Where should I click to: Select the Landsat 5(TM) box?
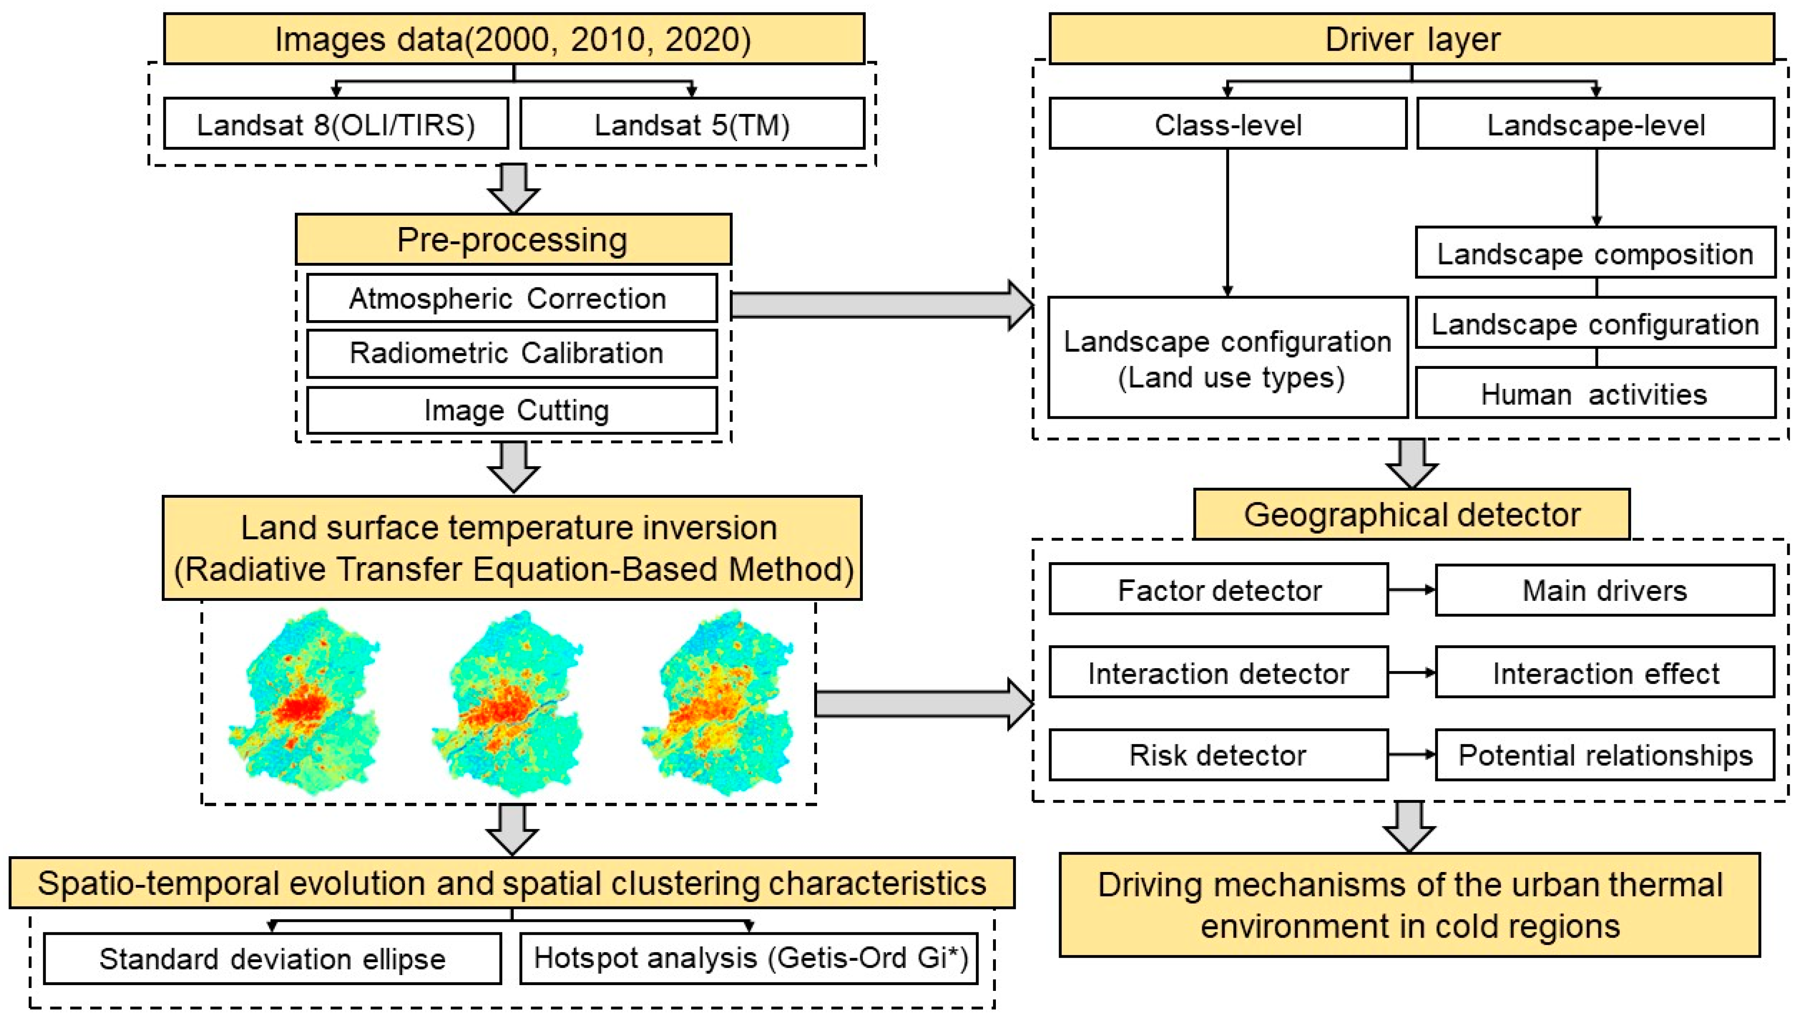[692, 124]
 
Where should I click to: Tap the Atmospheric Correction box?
[511, 299]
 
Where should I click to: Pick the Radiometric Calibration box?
[511, 353]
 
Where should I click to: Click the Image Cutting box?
[511, 410]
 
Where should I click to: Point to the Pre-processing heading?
[513, 240]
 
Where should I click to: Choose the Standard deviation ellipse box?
[272, 958]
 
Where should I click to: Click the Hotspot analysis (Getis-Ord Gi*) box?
[749, 958]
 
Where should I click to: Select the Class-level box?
[1227, 124]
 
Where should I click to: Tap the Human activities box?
[1595, 394]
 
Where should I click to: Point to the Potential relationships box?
[1604, 755]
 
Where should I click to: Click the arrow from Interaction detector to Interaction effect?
[1411, 672]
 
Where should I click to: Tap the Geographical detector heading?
[1411, 515]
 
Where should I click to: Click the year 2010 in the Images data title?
[607, 39]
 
